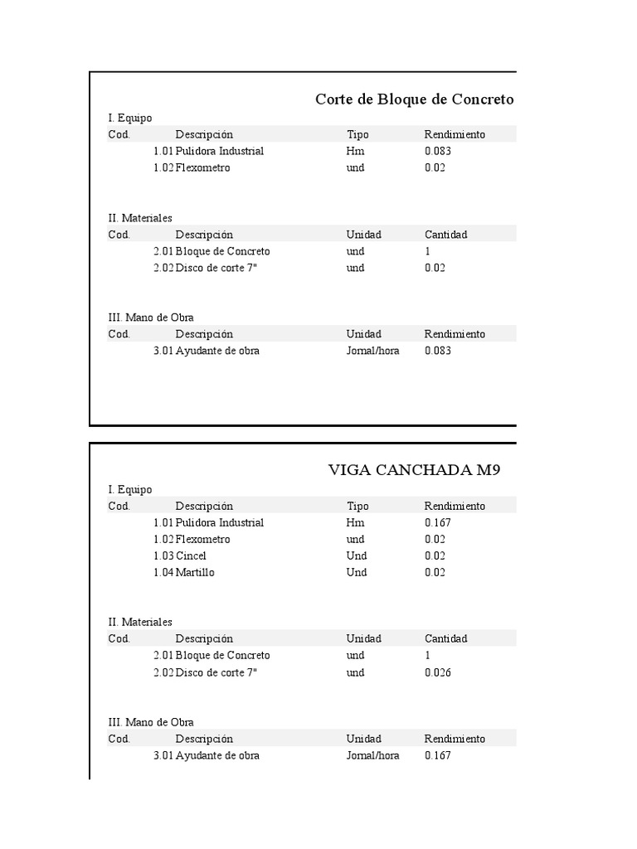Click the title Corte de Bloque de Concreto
click(414, 99)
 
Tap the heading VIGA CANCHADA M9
click(414, 471)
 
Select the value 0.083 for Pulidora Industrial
click(438, 152)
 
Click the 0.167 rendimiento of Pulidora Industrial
click(438, 523)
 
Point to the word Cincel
click(192, 556)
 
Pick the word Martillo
click(196, 573)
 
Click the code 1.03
click(163, 556)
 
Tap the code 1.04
click(163, 573)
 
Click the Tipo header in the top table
click(357, 134)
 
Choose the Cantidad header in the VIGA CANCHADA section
click(446, 639)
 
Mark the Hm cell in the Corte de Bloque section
click(355, 152)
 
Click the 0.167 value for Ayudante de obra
click(438, 756)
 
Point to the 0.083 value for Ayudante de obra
click(438, 351)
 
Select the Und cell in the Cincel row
click(357, 556)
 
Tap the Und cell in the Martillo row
click(357, 573)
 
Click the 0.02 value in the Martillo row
click(435, 573)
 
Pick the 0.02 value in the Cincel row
click(435, 556)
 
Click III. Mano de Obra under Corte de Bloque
click(151, 318)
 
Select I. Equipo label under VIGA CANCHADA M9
click(130, 490)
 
